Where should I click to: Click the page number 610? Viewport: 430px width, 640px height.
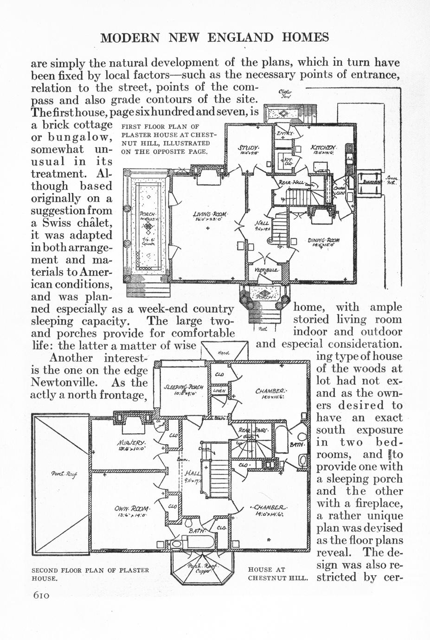coord(41,595)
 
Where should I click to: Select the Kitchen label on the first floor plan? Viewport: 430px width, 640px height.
coord(324,148)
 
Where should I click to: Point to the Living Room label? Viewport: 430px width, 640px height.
coord(210,214)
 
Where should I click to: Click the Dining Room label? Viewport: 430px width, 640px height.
coord(323,240)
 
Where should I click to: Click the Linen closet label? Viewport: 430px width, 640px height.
coord(219,391)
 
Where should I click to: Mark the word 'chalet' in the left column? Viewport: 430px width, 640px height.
coord(91,223)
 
